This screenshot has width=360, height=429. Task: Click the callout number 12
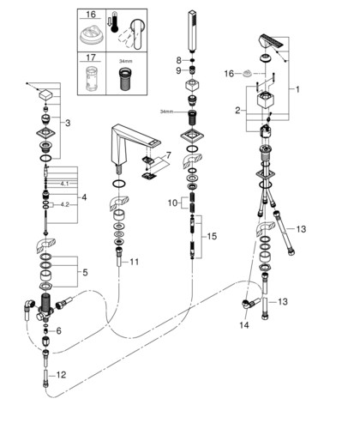coord(61,375)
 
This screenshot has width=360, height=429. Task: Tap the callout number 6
coord(58,331)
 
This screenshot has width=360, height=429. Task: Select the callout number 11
coord(135,262)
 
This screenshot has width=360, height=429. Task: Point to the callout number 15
coord(212,236)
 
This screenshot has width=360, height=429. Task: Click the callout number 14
coord(244,325)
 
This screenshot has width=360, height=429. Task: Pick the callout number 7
coord(169,155)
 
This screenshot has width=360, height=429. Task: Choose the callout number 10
coord(172,203)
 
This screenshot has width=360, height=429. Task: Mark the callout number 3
coord(68,124)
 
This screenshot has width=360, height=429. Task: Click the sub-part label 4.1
coord(64,184)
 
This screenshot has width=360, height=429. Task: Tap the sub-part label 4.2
coord(65,205)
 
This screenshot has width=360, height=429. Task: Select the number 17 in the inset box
coord(91,57)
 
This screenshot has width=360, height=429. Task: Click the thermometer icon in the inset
coord(115,21)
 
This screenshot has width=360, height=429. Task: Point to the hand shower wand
coord(193,31)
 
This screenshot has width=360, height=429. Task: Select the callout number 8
coord(178,60)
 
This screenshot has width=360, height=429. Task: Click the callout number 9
coord(178,70)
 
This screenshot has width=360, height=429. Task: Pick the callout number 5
coord(85,273)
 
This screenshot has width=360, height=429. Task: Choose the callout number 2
coord(237,111)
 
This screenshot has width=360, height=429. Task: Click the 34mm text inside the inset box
coord(126,61)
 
